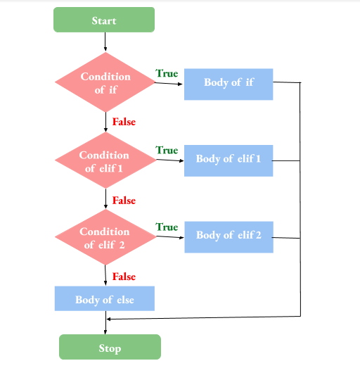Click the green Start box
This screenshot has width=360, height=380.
(x=104, y=20)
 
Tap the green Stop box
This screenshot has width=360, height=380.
(x=110, y=347)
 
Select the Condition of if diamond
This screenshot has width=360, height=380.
(x=105, y=82)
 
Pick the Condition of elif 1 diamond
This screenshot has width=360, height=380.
(x=105, y=161)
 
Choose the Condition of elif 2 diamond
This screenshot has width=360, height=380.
(x=105, y=238)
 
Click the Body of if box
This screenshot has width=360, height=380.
(x=229, y=83)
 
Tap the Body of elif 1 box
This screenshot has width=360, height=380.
(x=229, y=159)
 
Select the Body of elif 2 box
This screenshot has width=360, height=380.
(x=229, y=235)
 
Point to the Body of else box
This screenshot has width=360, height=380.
(x=105, y=299)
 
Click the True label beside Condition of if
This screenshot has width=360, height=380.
(x=167, y=73)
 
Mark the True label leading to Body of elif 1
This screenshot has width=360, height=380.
(x=167, y=150)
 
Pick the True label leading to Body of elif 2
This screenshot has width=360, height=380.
(x=167, y=227)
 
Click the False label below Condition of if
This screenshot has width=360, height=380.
(x=124, y=122)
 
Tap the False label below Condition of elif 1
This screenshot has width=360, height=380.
(x=124, y=201)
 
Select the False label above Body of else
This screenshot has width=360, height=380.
(x=124, y=277)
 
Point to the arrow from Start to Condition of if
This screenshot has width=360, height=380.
(x=105, y=42)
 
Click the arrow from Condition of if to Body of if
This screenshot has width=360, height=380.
(x=169, y=84)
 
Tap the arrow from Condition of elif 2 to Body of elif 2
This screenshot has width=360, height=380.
(x=169, y=236)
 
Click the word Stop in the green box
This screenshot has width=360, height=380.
(x=110, y=348)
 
